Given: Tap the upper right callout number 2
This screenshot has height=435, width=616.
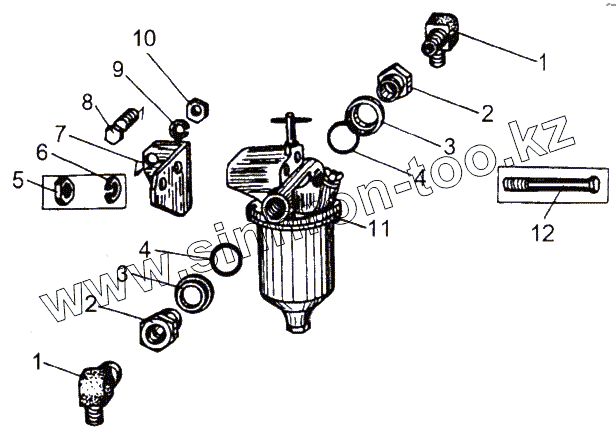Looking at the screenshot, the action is pos(486,113).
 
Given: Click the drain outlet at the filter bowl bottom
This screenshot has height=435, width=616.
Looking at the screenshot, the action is pos(296,322).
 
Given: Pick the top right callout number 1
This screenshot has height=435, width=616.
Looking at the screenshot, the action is pos(542,62).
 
